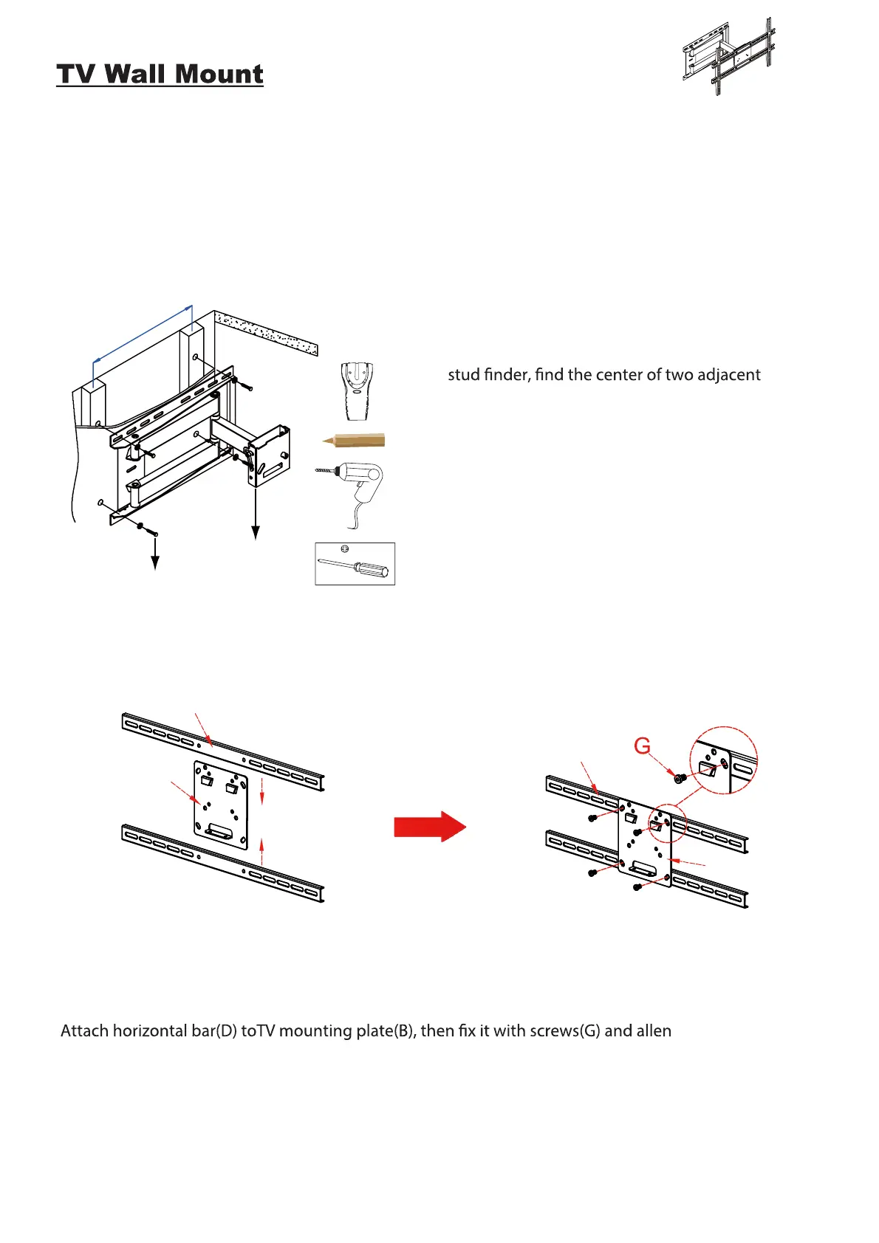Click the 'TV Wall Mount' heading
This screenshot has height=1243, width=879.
coord(160,75)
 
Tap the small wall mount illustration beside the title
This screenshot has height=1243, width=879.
coord(728,57)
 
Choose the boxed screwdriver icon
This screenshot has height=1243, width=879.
coord(355,564)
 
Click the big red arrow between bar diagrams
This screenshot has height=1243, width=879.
coord(430,826)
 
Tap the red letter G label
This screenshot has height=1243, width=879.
coord(642,746)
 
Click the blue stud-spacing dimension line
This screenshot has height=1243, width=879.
coord(143,333)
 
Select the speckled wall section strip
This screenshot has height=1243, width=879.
coord(267,331)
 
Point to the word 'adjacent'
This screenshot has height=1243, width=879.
coord(728,375)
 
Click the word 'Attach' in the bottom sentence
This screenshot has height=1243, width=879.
coord(85,1030)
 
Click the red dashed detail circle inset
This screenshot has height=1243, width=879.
coord(723,760)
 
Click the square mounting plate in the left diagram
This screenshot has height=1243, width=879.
coord(221,805)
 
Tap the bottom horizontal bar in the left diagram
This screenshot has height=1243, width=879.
coord(222,864)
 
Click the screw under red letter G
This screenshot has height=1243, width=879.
coord(680,777)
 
